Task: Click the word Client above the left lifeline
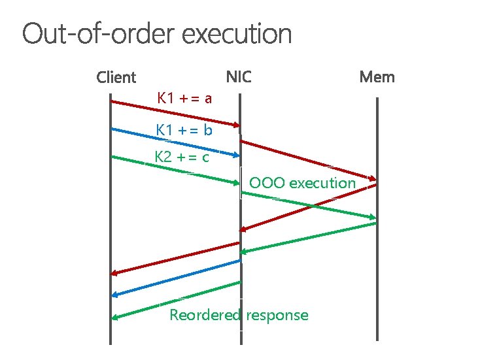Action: pos(116,78)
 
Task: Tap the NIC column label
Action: pos(239,77)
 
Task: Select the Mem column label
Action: pos(377,77)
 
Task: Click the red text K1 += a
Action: pos(185,99)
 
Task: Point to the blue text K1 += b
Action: pos(184,130)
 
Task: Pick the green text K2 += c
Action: pos(182,157)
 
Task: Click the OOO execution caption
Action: pos(302,183)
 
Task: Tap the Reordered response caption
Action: pos(239,315)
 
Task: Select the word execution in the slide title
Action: pos(237,34)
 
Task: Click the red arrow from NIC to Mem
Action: pos(307,160)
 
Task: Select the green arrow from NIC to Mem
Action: pos(307,205)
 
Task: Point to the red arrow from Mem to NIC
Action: pos(307,208)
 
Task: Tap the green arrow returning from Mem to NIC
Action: pos(307,237)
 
